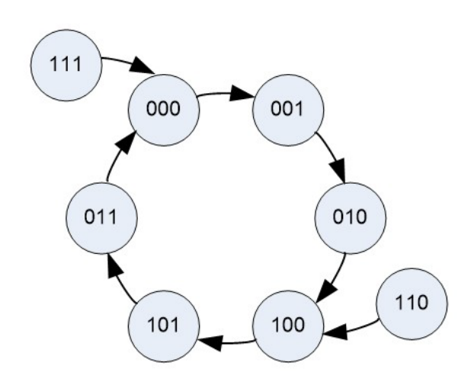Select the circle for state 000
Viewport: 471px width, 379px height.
[165, 108]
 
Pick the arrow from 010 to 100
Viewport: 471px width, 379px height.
[336, 274]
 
